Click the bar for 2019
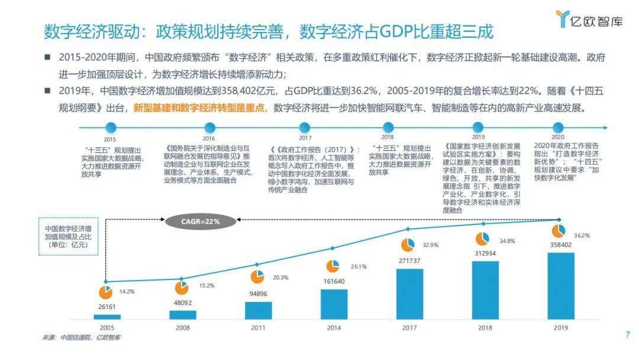561,286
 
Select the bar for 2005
107,317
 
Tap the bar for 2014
334,304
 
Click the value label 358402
561,245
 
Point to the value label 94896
259,294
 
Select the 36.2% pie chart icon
559,231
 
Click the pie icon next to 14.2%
105,292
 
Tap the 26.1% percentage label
359,266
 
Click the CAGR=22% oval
201,221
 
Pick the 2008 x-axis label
183,328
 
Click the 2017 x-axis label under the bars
409,328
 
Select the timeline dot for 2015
111,128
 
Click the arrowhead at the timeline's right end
606,128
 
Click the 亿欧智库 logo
589,19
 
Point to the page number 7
628,335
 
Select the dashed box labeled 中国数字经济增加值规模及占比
69,236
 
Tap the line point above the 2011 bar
257,265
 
